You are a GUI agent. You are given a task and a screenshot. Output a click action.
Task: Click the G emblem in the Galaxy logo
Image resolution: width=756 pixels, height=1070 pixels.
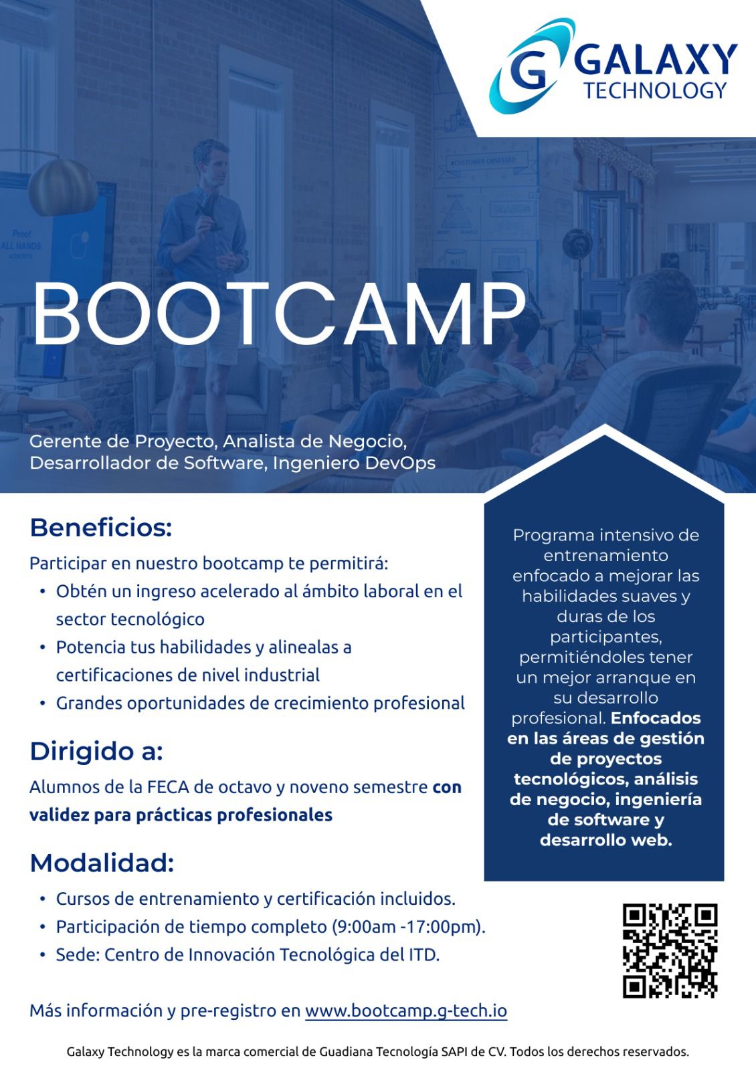tap(531, 66)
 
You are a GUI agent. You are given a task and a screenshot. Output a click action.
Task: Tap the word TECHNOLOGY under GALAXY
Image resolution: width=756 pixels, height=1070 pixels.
tap(655, 90)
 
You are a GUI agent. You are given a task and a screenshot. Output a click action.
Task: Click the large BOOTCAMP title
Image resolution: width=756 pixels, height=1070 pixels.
tap(278, 314)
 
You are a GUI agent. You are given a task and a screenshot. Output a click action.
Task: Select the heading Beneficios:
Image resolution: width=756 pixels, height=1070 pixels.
tap(101, 528)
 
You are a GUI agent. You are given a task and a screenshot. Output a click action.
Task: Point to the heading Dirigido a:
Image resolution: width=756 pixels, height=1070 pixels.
tap(96, 751)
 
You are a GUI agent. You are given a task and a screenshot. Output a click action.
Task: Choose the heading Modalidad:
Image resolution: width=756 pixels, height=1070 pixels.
tap(102, 863)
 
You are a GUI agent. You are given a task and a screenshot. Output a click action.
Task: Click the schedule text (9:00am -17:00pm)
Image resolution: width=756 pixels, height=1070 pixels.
tap(408, 927)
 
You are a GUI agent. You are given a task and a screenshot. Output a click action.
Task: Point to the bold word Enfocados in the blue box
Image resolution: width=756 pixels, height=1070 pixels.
tap(656, 718)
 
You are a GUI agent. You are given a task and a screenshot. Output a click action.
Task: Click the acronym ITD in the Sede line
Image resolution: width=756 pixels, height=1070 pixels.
tap(423, 954)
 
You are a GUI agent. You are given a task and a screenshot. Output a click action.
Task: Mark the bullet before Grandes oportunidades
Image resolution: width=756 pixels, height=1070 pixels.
tap(43, 704)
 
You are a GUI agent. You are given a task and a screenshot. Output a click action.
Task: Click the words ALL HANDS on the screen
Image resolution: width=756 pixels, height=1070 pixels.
tap(21, 246)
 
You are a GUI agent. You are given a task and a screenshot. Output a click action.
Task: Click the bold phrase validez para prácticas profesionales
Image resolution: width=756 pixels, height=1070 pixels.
tap(181, 815)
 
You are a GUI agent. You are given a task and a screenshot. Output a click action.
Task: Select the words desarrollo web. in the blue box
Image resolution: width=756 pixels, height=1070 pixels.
tap(606, 840)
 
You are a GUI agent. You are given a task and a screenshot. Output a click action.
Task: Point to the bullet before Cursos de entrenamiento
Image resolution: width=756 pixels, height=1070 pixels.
tap(43, 899)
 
